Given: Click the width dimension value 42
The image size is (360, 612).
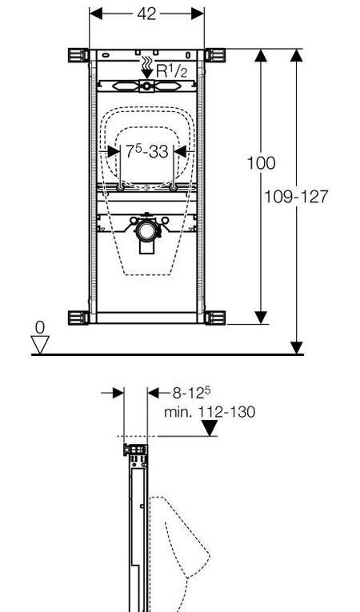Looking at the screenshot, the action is (x=147, y=14).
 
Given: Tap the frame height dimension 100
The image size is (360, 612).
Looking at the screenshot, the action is (x=261, y=162).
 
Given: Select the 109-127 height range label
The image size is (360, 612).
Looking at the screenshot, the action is (x=296, y=197).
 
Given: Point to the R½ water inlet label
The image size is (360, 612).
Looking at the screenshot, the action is (x=172, y=71).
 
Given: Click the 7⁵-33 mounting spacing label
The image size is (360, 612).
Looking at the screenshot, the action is (x=147, y=151).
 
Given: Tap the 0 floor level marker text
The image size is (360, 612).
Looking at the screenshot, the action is (x=40, y=328).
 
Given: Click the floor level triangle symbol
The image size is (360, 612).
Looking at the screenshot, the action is (x=40, y=345).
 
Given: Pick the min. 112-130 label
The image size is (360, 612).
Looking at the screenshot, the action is (x=210, y=412).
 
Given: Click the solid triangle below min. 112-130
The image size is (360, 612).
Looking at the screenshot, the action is (x=210, y=428).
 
